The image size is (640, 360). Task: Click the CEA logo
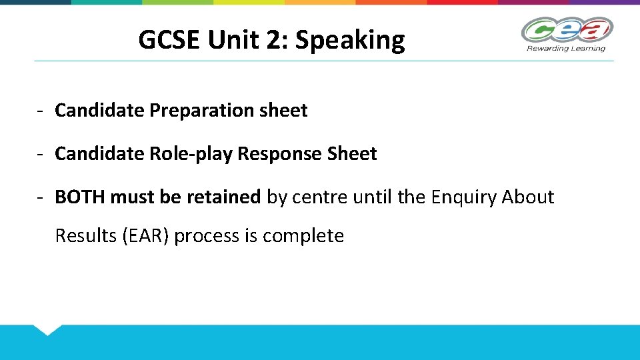(567, 30)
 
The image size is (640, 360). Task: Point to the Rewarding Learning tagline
(566, 48)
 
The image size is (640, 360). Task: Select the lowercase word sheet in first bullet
(285, 111)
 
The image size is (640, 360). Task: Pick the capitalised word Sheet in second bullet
(352, 154)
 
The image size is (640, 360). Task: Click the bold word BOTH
(80, 197)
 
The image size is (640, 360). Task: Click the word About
(527, 197)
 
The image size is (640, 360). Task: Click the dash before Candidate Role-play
(41, 154)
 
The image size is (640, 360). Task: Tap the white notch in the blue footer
(47, 329)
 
